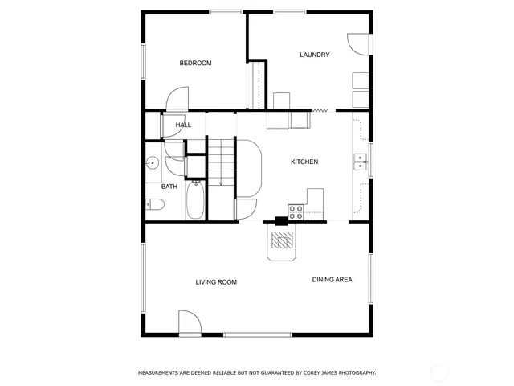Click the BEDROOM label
coord(195,63)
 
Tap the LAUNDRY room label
coord(314,55)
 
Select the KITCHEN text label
coord(304,162)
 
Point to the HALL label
coord(183,125)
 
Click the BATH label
coord(169,187)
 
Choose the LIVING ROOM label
coord(216,282)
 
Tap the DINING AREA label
coord(332,280)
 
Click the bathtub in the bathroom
coord(195,199)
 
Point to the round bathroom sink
coord(151,164)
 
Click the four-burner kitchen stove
coord(296,212)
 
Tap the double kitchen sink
coord(359,163)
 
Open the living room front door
coord(189,323)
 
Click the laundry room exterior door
coord(357,44)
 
